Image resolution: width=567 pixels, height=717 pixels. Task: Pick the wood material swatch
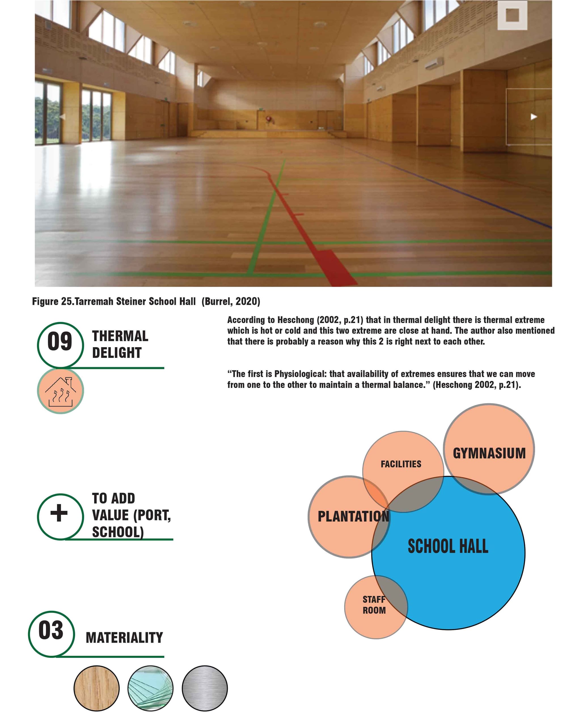[96, 688]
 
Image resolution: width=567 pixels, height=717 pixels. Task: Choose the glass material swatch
[150, 688]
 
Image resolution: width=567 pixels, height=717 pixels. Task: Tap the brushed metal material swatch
[205, 688]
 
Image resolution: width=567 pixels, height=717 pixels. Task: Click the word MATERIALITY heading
[124, 638]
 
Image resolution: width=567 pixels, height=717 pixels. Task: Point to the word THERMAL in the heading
[120, 336]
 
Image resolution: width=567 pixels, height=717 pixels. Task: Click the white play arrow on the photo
[534, 117]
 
